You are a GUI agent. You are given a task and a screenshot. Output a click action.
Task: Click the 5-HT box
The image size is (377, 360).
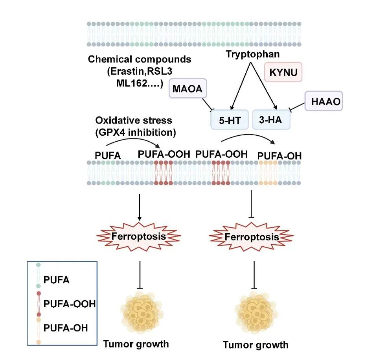pos(229,120)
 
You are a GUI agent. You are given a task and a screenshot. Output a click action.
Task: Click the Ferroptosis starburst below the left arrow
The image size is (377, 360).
pos(139,236)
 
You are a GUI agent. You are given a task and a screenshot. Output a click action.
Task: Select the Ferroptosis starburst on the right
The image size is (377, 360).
pos(252,237)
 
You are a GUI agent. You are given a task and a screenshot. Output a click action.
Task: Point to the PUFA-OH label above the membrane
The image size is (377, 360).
pos(279,156)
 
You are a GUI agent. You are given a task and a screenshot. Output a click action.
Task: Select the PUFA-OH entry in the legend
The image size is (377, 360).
pos(66,327)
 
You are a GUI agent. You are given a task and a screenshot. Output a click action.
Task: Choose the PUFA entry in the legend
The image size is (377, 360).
pos(57,280)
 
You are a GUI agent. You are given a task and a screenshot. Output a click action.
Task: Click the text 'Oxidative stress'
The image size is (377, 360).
pos(134,120)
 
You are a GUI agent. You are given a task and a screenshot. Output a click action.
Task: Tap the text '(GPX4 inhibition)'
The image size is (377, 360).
pos(135,132)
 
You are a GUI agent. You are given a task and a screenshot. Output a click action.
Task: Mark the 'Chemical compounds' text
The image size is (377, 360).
pos(140,60)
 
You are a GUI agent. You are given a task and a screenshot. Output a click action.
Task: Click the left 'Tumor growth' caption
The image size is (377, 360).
pos(136,344)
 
